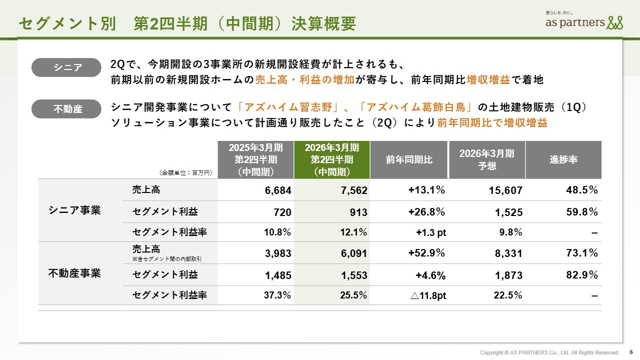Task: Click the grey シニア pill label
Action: (66, 67)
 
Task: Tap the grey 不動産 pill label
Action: (66, 109)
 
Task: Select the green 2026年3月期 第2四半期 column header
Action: (332, 159)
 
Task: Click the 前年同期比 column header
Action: (409, 159)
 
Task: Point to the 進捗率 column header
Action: (563, 159)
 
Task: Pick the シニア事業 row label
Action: (74, 210)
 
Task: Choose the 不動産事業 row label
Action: (74, 273)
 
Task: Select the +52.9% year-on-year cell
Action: (426, 253)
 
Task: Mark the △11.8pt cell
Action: (428, 295)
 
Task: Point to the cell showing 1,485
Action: (278, 275)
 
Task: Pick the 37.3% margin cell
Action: (277, 295)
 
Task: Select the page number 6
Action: (630, 352)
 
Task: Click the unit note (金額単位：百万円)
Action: (186, 172)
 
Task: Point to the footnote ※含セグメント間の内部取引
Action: (166, 258)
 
